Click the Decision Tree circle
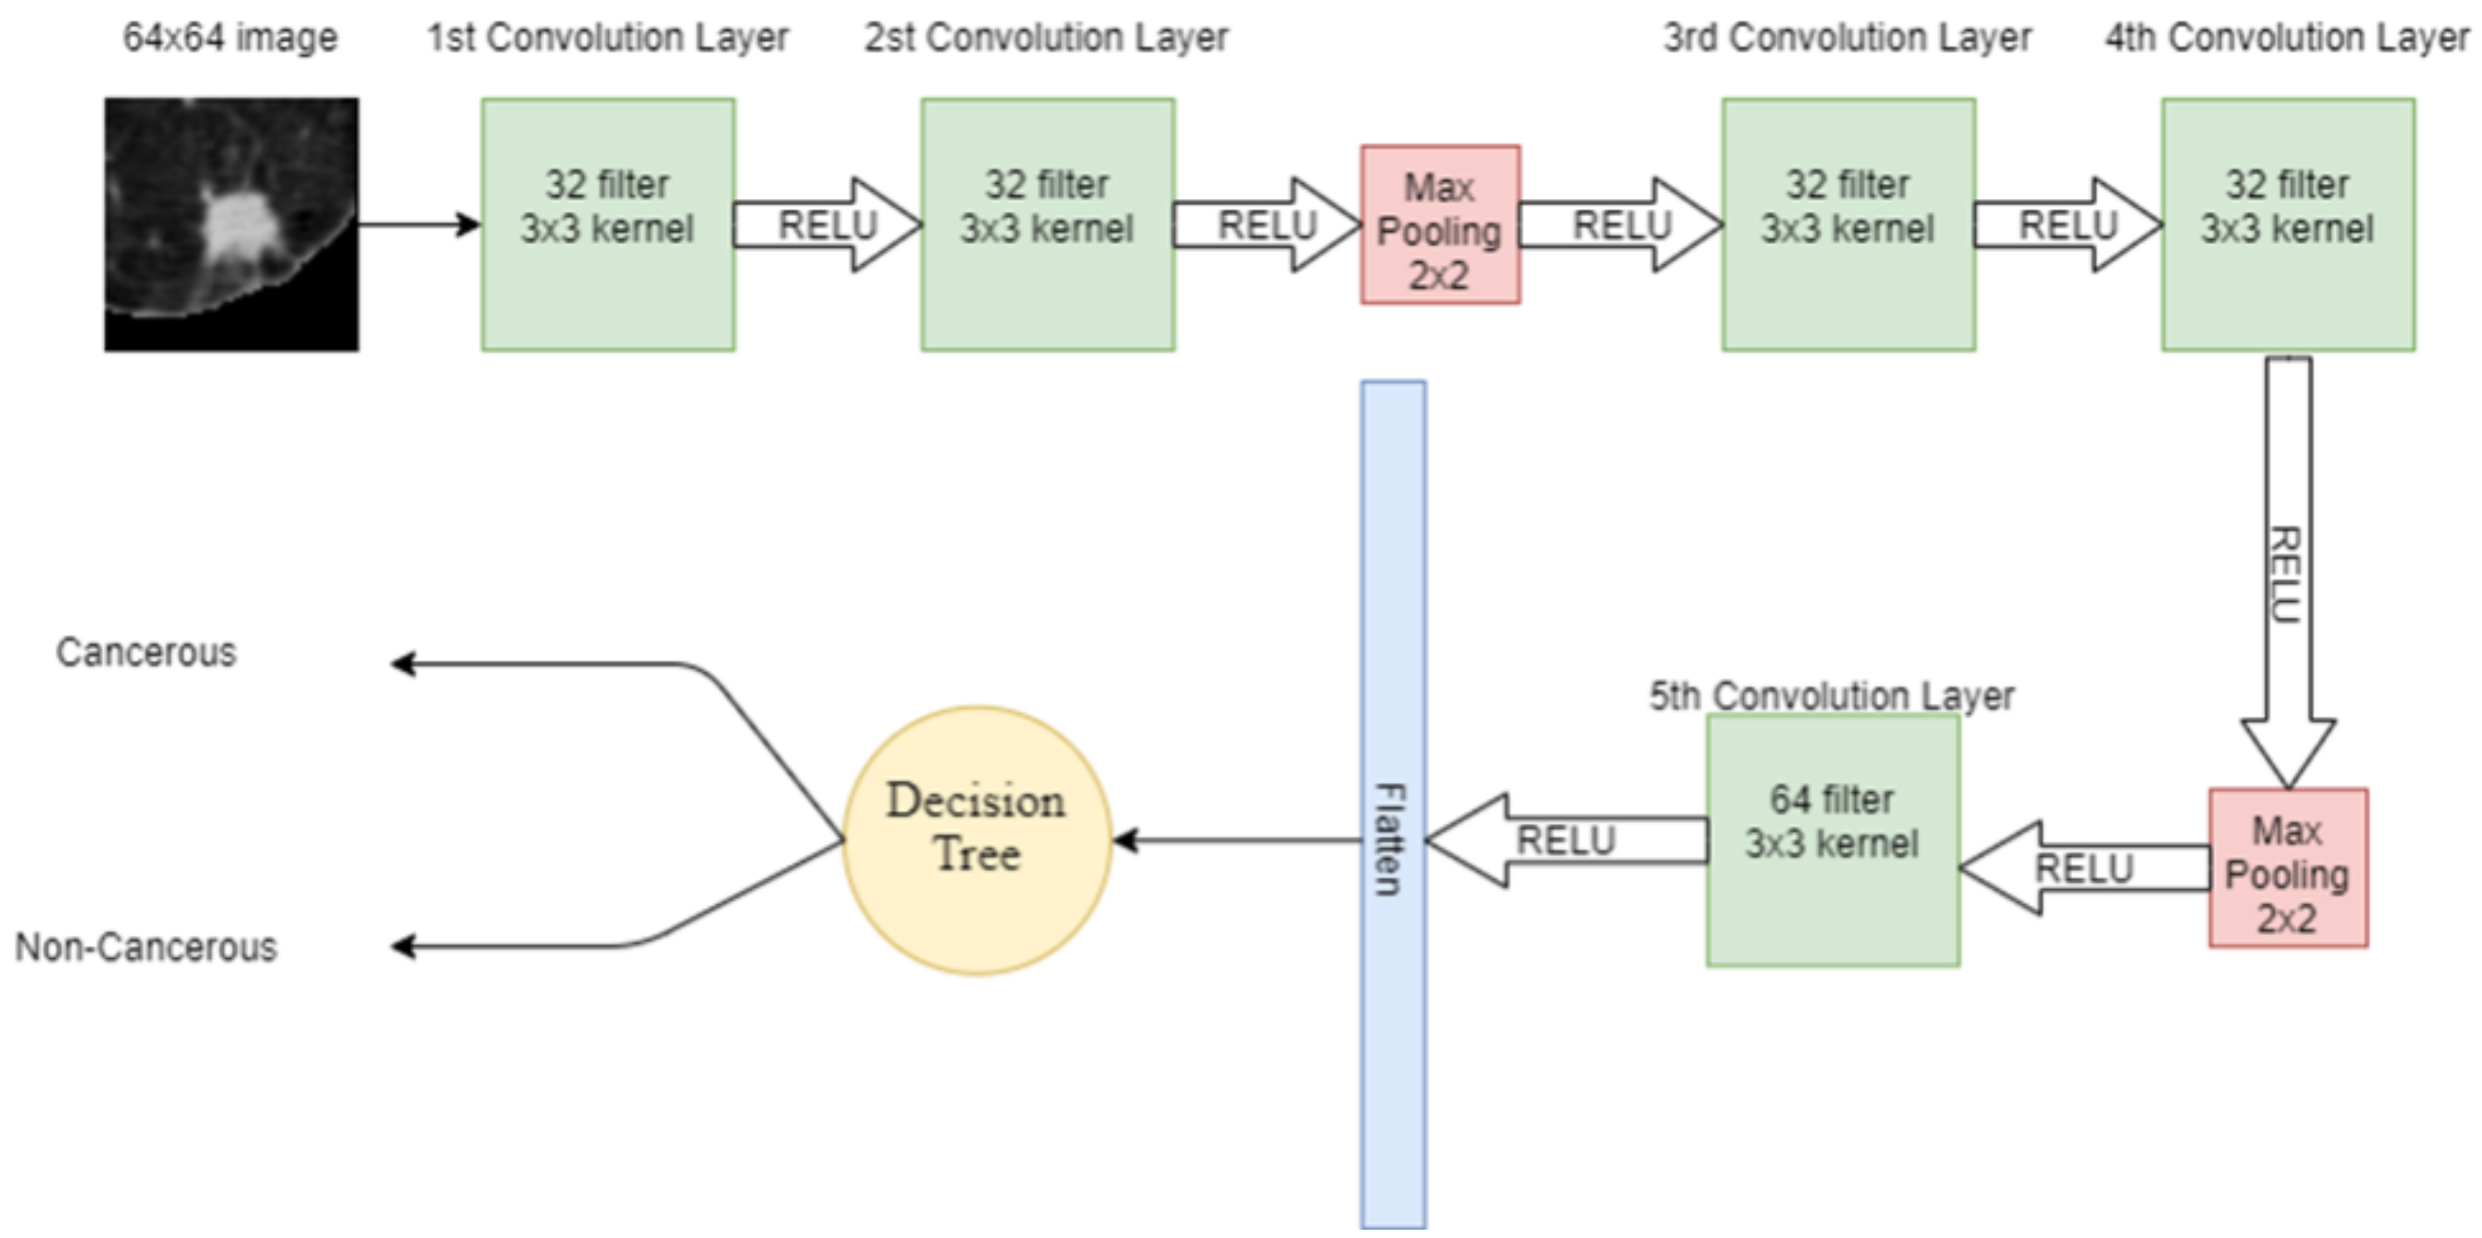point(977,840)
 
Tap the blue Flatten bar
point(1393,803)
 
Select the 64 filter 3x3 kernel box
point(1833,840)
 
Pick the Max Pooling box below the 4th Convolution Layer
point(2288,868)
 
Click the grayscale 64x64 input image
point(231,224)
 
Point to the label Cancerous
point(145,652)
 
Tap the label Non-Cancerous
point(145,947)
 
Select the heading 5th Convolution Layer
point(1831,695)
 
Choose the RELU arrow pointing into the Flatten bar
point(1566,840)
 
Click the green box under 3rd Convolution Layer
point(1848,224)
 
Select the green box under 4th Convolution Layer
point(2287,224)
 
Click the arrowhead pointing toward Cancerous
point(402,664)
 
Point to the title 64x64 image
point(230,39)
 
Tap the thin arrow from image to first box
point(419,224)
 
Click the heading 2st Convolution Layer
point(1046,39)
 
